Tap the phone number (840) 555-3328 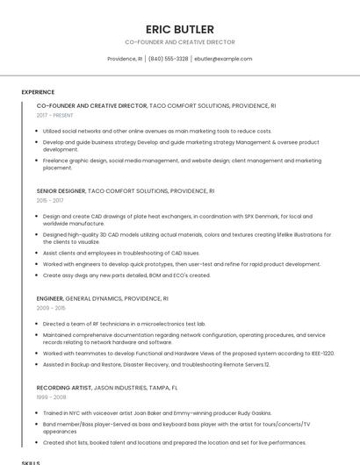(x=168, y=59)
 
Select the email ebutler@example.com (x=223, y=59)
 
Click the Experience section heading (x=38, y=92)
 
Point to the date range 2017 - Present (x=55, y=115)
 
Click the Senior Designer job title (x=61, y=190)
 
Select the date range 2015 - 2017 (x=50, y=200)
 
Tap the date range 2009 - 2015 (x=50, y=308)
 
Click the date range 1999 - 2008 (x=50, y=397)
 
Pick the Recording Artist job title (x=64, y=387)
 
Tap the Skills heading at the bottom (x=31, y=461)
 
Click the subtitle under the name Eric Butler (x=179, y=41)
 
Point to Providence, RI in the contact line (x=125, y=59)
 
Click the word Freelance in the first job (x=56, y=161)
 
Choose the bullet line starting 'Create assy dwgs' (x=126, y=275)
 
